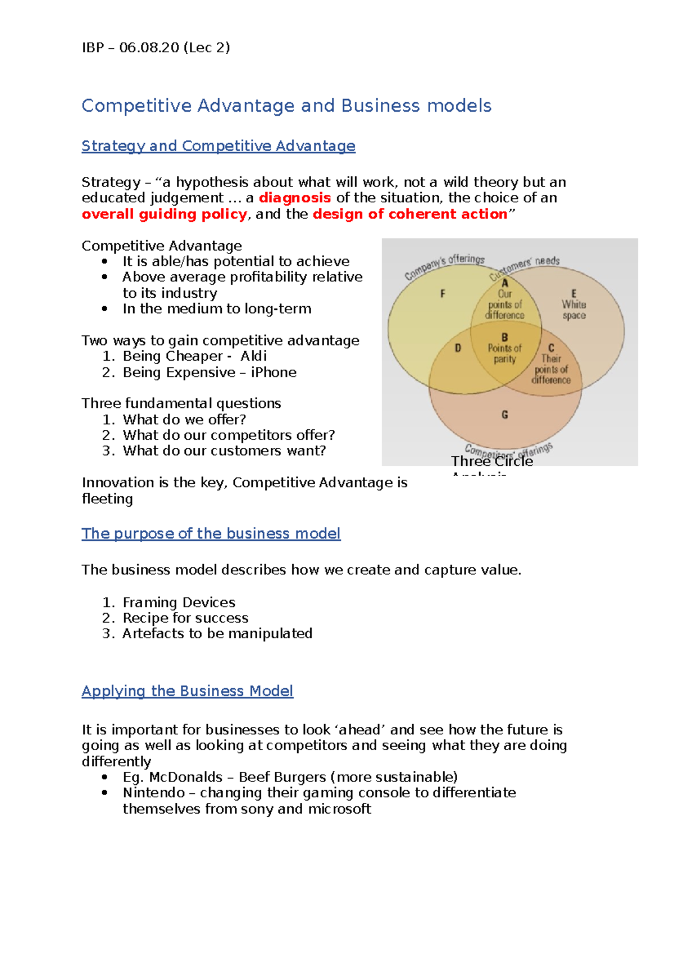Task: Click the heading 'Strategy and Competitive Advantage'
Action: click(218, 146)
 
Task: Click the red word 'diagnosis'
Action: click(294, 198)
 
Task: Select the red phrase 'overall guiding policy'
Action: click(164, 214)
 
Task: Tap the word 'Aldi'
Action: click(253, 356)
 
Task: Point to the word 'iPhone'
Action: click(274, 372)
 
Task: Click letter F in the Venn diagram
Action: click(443, 293)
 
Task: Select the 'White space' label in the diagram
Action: click(573, 310)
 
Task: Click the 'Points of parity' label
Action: click(504, 353)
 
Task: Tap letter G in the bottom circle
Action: click(504, 415)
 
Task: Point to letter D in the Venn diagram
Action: click(458, 348)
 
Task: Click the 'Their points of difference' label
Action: click(551, 369)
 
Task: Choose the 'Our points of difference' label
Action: click(504, 305)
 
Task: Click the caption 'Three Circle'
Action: click(492, 461)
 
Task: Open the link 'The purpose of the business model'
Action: click(211, 534)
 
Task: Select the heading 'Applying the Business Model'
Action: click(187, 691)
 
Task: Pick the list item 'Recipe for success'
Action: click(185, 618)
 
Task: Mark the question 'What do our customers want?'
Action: click(224, 451)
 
